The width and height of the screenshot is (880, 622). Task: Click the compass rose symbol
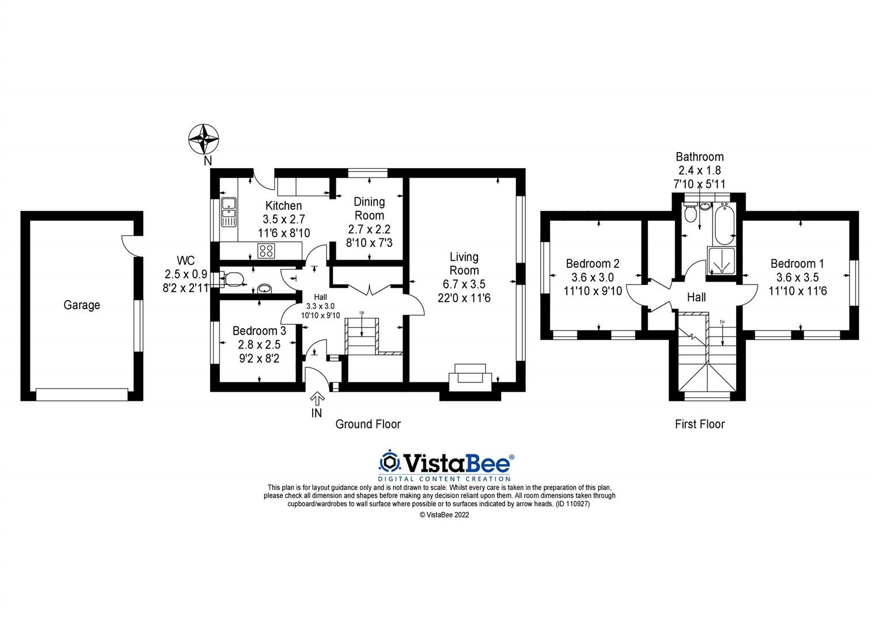coord(204,139)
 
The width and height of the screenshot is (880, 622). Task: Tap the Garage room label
coord(82,305)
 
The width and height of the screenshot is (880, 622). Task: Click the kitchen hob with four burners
coord(266,251)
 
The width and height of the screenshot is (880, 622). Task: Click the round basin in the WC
coord(264,288)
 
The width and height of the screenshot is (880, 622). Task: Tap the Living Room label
coord(464,263)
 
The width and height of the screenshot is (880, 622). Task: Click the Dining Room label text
coord(369,208)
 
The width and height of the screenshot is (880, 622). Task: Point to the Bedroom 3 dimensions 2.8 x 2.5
coord(259,344)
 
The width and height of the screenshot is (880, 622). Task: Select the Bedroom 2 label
coord(593,264)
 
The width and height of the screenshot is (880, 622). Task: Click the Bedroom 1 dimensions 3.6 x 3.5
coord(798,277)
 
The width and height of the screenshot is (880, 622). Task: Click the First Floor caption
coord(700,424)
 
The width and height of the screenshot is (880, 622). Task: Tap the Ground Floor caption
coord(368,424)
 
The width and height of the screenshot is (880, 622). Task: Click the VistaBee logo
coord(445,465)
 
